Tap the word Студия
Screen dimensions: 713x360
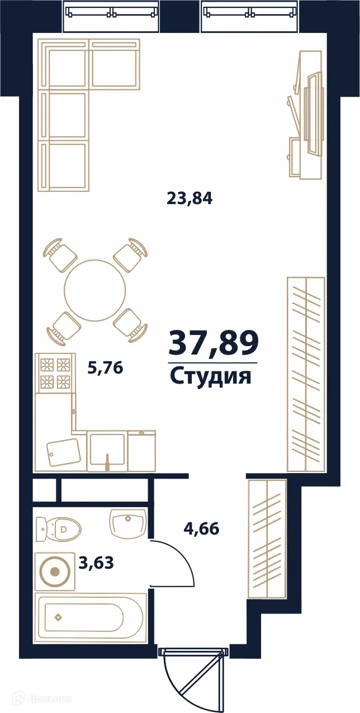(x=210, y=376)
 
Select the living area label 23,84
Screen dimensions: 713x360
(x=190, y=198)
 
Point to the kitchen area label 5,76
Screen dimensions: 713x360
(x=105, y=367)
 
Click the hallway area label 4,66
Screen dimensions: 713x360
(x=201, y=528)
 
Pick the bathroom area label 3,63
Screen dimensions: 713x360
(x=96, y=563)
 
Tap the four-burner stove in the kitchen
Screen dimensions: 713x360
(x=55, y=374)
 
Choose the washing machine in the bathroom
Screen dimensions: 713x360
(x=55, y=572)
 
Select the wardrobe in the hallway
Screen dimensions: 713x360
(x=267, y=538)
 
